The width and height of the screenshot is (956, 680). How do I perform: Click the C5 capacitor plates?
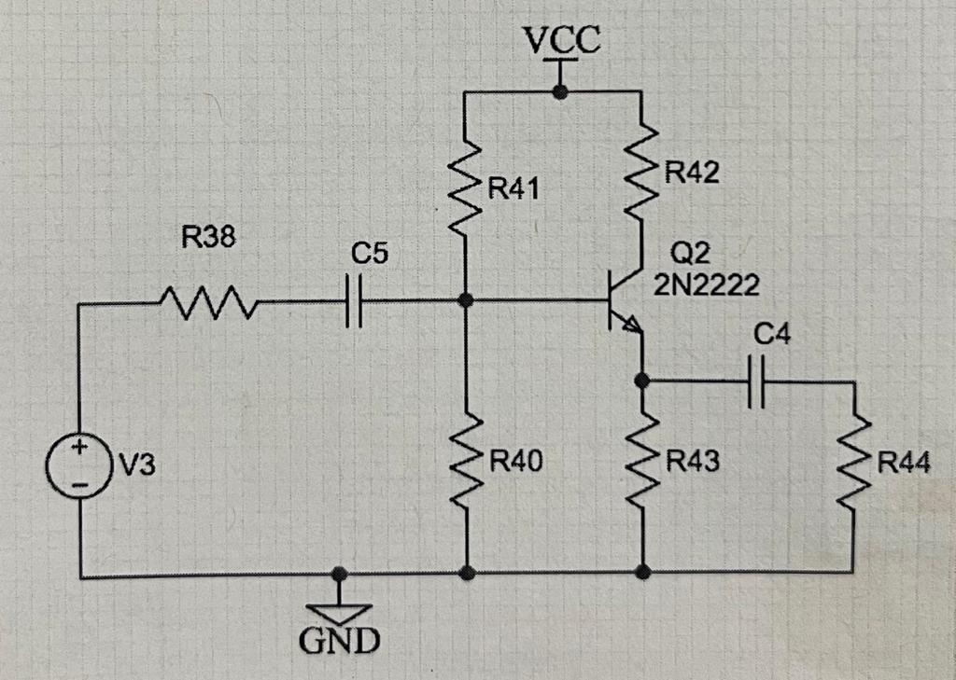pyautogui.click(x=351, y=302)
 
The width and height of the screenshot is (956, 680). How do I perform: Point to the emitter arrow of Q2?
pyautogui.click(x=633, y=326)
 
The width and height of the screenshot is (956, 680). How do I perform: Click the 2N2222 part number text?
pyautogui.click(x=707, y=284)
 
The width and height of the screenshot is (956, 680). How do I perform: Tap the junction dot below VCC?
pyautogui.click(x=560, y=91)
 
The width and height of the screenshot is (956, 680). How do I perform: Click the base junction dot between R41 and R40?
pyautogui.click(x=467, y=301)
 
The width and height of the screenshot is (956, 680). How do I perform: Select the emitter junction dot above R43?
pyautogui.click(x=642, y=380)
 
